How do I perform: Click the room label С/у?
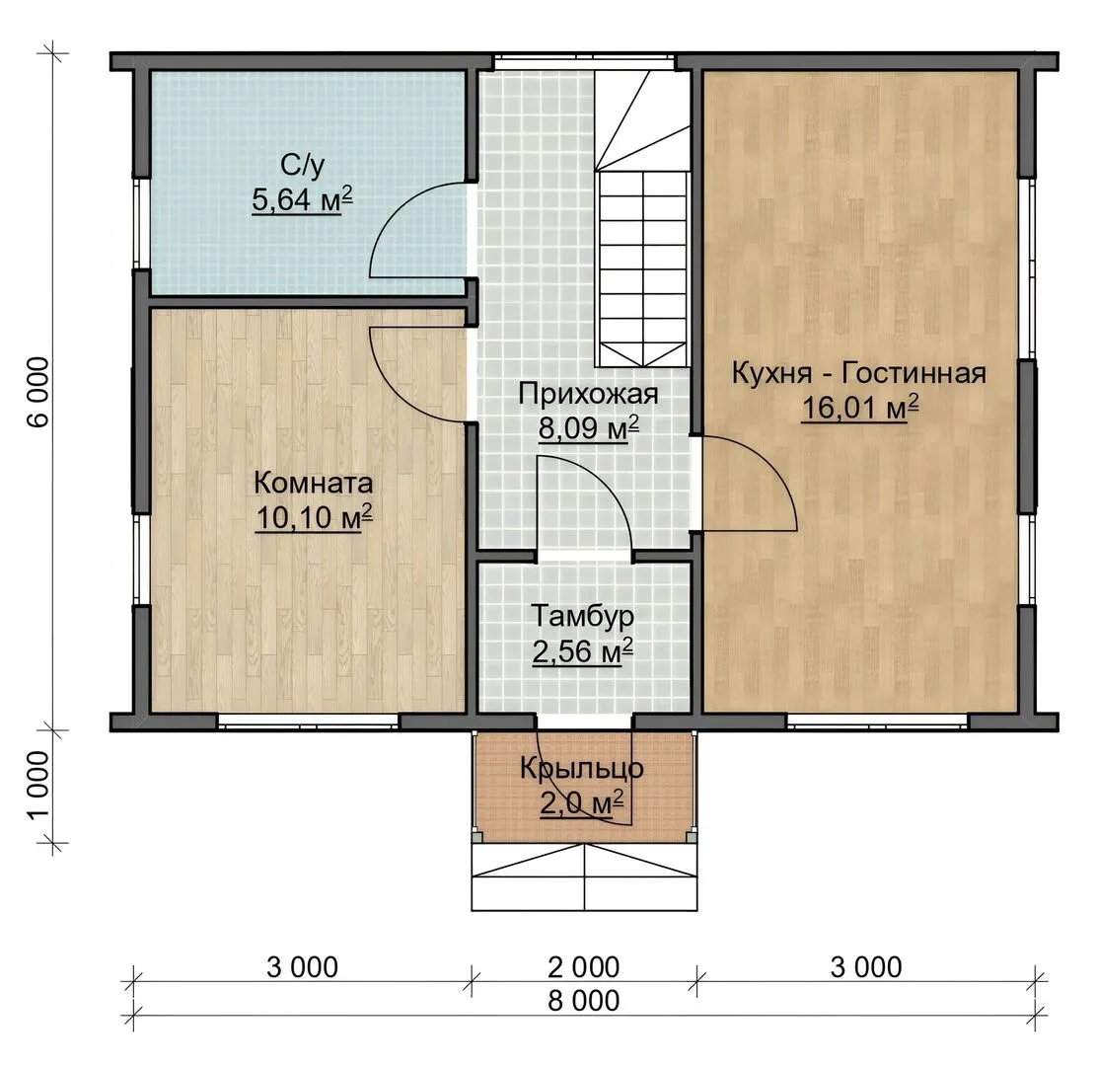(x=303, y=166)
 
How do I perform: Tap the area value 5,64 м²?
(x=302, y=200)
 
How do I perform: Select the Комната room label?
(x=313, y=483)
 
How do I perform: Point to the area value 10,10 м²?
(x=314, y=517)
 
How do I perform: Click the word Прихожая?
(x=588, y=395)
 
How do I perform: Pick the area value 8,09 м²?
(x=589, y=428)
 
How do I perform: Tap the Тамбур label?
(x=583, y=616)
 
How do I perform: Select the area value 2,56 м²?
(x=583, y=651)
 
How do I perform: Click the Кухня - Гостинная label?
(x=859, y=373)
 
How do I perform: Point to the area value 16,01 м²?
(x=859, y=408)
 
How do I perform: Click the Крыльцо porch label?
(x=582, y=769)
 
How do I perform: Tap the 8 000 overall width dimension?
(x=584, y=1001)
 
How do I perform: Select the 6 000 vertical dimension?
(x=40, y=391)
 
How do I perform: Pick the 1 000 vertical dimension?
(x=40, y=784)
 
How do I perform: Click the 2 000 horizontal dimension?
(x=584, y=967)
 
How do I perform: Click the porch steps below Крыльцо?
(x=584, y=877)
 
